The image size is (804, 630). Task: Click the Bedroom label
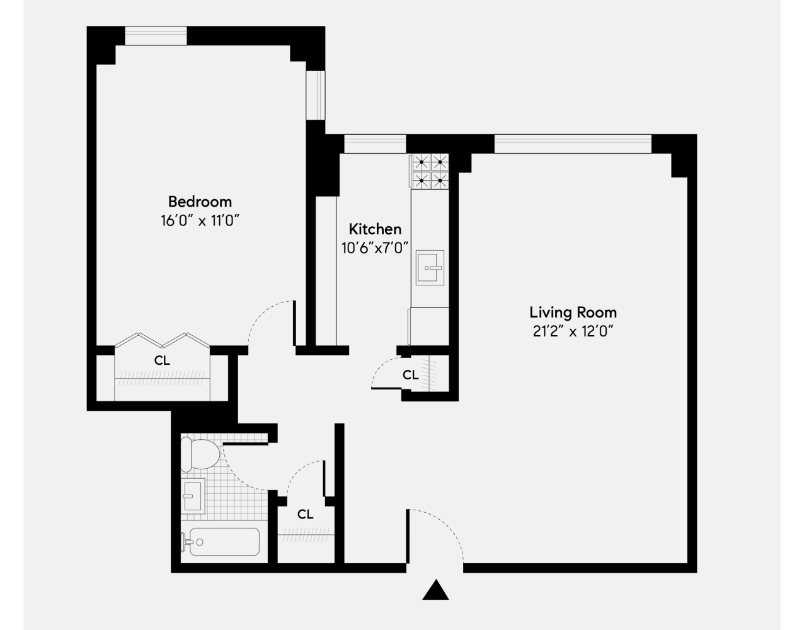click(200, 202)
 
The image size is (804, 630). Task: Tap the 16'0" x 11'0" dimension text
click(200, 220)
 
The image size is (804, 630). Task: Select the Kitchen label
click(375, 229)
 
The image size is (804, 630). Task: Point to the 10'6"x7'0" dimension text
click(376, 248)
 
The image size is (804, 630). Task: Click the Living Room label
click(573, 312)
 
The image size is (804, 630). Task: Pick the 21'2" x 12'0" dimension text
click(573, 331)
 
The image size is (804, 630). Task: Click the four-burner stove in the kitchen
click(430, 171)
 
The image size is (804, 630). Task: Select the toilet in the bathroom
click(198, 454)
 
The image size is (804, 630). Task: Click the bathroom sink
click(193, 495)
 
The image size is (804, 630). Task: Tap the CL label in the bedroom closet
click(162, 361)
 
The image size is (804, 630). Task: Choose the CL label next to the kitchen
click(410, 375)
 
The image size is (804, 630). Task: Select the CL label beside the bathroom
click(306, 514)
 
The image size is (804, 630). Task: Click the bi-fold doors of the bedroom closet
click(162, 341)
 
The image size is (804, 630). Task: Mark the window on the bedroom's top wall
click(156, 35)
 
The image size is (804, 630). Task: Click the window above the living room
click(572, 144)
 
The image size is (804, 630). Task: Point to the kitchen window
click(375, 144)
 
